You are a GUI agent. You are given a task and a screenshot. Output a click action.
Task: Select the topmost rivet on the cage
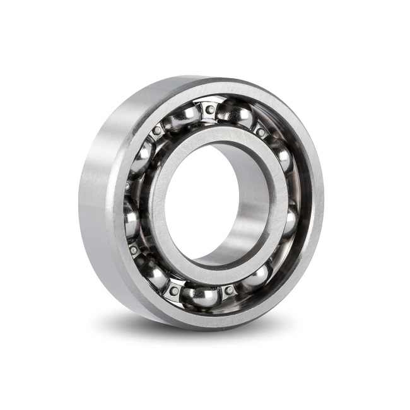pos(209,110)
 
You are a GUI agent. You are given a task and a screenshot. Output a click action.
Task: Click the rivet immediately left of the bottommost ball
pos(173,290)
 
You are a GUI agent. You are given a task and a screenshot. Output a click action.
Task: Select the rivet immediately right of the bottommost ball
pos(229,290)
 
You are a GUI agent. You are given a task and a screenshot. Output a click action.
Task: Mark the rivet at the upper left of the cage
pos(157,131)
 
